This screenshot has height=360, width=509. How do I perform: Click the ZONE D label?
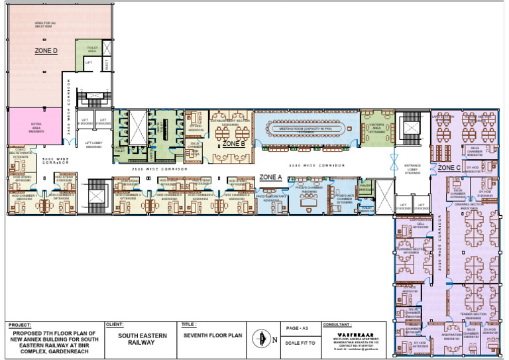click(x=46, y=50)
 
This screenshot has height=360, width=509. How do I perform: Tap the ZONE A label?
click(x=270, y=177)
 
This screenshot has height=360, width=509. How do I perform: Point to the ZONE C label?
click(x=449, y=168)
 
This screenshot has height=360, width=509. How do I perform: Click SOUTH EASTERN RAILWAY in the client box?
click(x=137, y=339)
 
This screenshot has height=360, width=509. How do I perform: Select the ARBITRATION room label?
click(x=451, y=335)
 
